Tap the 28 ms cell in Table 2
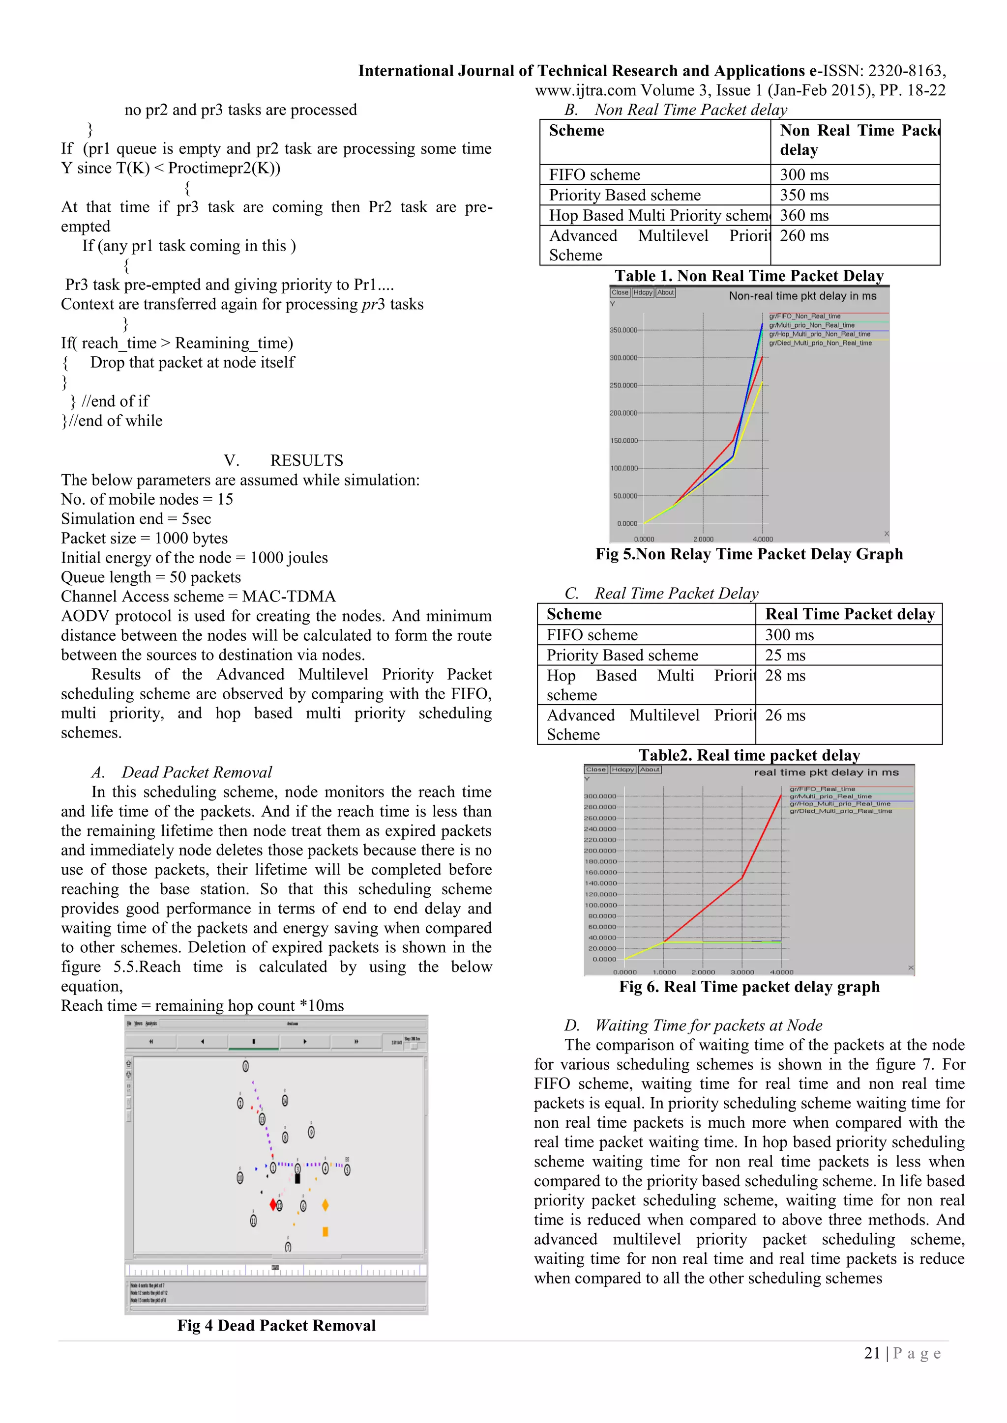[785, 676]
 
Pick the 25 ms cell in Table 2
[785, 655]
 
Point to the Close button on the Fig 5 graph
[620, 292]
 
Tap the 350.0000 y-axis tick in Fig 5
[623, 330]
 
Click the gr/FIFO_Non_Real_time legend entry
[804, 316]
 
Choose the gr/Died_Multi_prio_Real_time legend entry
[840, 811]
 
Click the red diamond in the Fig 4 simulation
[273, 1205]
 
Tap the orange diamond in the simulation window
[325, 1205]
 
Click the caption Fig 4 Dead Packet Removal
[276, 1326]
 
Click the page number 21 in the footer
[872, 1354]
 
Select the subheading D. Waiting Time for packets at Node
[693, 1025]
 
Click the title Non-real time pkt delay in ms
[802, 296]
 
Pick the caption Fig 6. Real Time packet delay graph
[749, 987]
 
